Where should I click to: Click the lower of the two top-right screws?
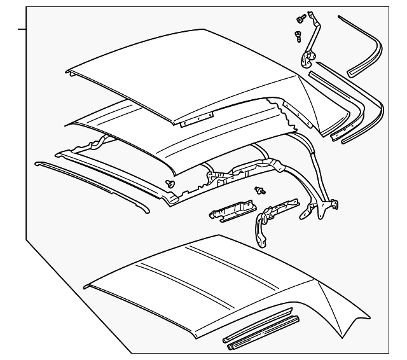tap(298, 36)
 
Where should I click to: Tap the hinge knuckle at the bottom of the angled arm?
tap(307, 59)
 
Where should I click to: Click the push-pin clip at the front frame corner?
tap(170, 183)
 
